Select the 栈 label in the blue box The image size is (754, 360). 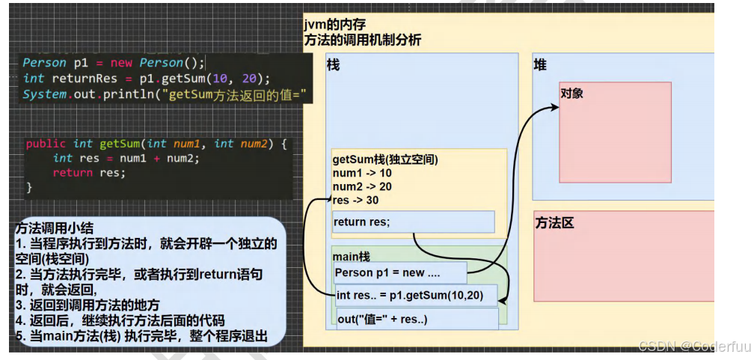pos(334,65)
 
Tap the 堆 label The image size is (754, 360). pos(540,65)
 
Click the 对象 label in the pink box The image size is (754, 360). pos(571,93)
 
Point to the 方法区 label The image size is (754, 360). pos(554,223)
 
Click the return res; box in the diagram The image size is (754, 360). pos(413,222)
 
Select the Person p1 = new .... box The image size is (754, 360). pos(400,272)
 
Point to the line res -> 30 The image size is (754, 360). pos(355,200)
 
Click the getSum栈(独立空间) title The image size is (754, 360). pos(384,159)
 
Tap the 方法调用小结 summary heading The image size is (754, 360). pos(55,228)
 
